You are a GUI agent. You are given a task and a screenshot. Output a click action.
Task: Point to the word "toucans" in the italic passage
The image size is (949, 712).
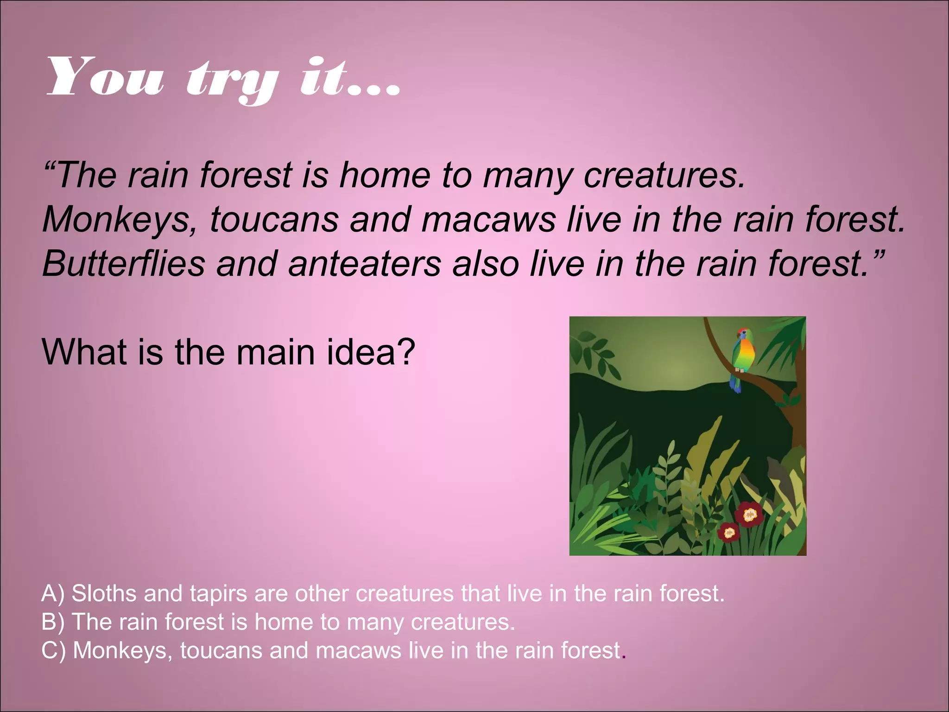click(274, 219)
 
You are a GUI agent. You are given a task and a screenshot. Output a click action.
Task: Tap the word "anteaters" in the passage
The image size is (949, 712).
click(364, 263)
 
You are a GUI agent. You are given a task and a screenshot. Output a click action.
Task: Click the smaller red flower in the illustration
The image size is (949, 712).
click(729, 533)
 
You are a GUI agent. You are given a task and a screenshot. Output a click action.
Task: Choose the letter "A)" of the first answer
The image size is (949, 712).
click(53, 594)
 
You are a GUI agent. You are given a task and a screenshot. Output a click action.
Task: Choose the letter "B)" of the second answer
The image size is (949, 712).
click(53, 622)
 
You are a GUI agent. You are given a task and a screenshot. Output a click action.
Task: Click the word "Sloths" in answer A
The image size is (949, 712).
click(104, 593)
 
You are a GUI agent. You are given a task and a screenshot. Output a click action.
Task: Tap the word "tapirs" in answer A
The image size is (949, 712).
click(218, 594)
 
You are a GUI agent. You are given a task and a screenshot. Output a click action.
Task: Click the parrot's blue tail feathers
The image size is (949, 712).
click(734, 383)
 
